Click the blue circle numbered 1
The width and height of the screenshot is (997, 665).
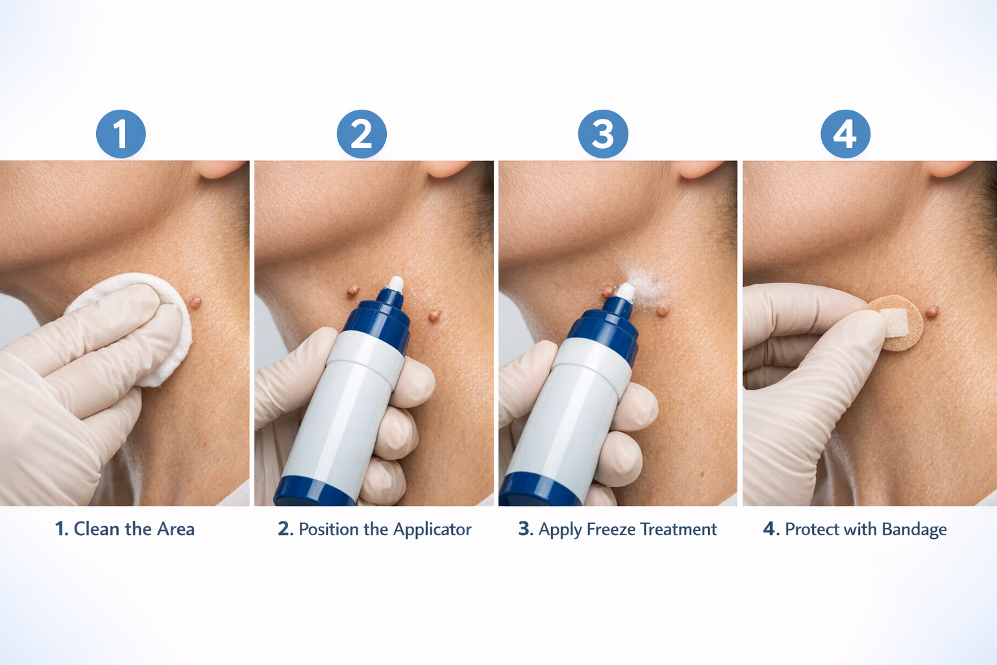coord(121,134)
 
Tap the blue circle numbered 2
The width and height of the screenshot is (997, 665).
coord(362,134)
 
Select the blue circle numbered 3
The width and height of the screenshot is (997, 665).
coord(603,134)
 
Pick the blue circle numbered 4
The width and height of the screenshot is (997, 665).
coord(845,134)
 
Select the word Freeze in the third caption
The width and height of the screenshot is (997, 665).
coord(611,530)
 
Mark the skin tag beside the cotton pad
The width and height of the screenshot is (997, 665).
coord(195,301)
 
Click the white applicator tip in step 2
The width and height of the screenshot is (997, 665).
coord(395,284)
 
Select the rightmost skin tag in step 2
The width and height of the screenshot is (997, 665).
coord(435,316)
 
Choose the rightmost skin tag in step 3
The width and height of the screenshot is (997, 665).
coord(662,310)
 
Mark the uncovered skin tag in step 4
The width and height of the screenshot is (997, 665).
coord(931,312)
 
